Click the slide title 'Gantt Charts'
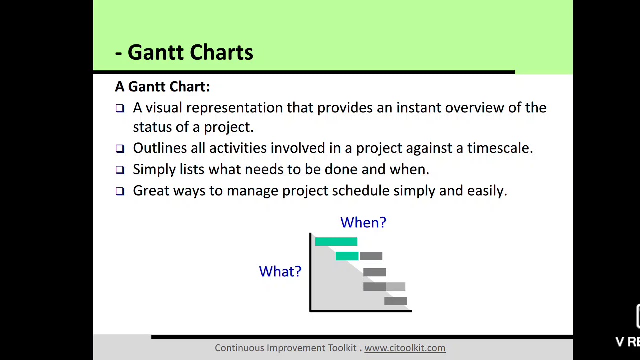[x=190, y=52]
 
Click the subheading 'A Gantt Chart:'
[x=162, y=87]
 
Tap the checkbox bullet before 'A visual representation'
[x=120, y=108]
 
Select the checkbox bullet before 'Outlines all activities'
[x=120, y=149]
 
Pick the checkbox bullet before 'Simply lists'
[x=120, y=170]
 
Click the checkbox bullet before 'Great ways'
[x=120, y=191]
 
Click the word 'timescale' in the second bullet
[x=499, y=148]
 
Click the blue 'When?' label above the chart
[x=363, y=223]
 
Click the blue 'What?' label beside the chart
[x=280, y=272]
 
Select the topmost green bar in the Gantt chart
[x=336, y=242]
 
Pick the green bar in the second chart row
[x=347, y=256]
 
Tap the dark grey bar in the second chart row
[x=371, y=256]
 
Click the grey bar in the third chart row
[x=374, y=272]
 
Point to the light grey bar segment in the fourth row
[x=396, y=286]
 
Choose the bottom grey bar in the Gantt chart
[x=395, y=301]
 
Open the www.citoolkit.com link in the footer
[x=405, y=348]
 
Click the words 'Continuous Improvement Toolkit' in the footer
[x=285, y=348]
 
